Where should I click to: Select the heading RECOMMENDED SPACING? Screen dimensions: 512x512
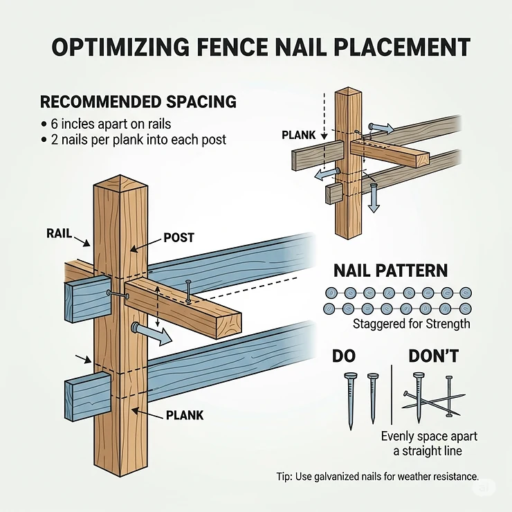(x=138, y=102)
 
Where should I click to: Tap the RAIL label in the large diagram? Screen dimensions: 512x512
(x=60, y=233)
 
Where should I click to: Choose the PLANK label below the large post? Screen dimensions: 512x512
(x=184, y=415)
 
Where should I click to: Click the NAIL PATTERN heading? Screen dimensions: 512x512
(x=390, y=271)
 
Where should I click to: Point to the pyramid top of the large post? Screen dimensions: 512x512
(x=122, y=183)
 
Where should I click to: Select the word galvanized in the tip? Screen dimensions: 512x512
(x=336, y=477)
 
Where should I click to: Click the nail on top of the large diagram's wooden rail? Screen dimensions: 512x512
(x=188, y=291)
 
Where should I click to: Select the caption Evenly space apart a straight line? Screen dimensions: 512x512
(x=429, y=444)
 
